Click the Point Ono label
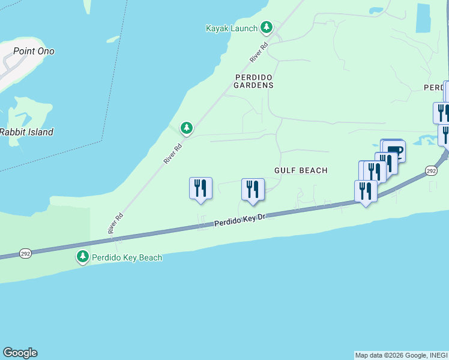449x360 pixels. click(34, 51)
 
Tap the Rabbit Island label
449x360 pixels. click(26, 132)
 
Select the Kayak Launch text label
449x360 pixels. click(231, 28)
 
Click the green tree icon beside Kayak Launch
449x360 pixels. click(267, 28)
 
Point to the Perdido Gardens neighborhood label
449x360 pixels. click(254, 82)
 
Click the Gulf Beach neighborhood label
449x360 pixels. click(301, 170)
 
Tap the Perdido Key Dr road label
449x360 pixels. click(240, 221)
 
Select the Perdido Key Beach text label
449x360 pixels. click(127, 257)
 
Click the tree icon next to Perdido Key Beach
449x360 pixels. click(82, 257)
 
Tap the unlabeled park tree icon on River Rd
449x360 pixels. click(187, 128)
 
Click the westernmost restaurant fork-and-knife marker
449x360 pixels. click(200, 188)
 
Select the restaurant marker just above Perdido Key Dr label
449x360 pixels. click(253, 189)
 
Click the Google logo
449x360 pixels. click(20, 353)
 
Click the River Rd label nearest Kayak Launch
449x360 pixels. click(259, 53)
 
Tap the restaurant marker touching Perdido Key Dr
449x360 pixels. click(365, 191)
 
